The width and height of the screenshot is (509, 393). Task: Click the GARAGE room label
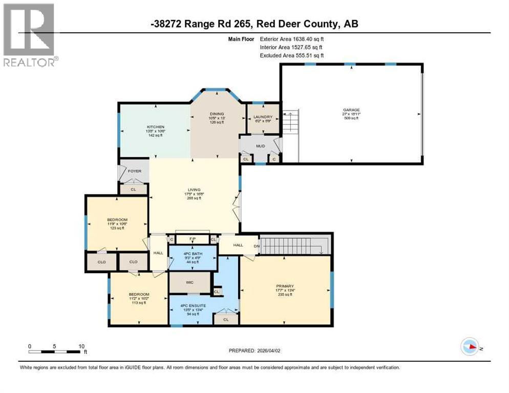tap(351, 110)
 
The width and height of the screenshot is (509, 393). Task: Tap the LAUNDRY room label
tap(263, 117)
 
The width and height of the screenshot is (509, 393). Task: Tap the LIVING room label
tap(194, 190)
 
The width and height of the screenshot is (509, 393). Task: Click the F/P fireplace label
tap(193, 239)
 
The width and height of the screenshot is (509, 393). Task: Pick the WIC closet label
tap(189, 282)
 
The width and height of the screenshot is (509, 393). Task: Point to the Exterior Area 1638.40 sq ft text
tap(292, 38)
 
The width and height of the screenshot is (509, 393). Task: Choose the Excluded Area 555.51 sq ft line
tap(292, 55)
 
